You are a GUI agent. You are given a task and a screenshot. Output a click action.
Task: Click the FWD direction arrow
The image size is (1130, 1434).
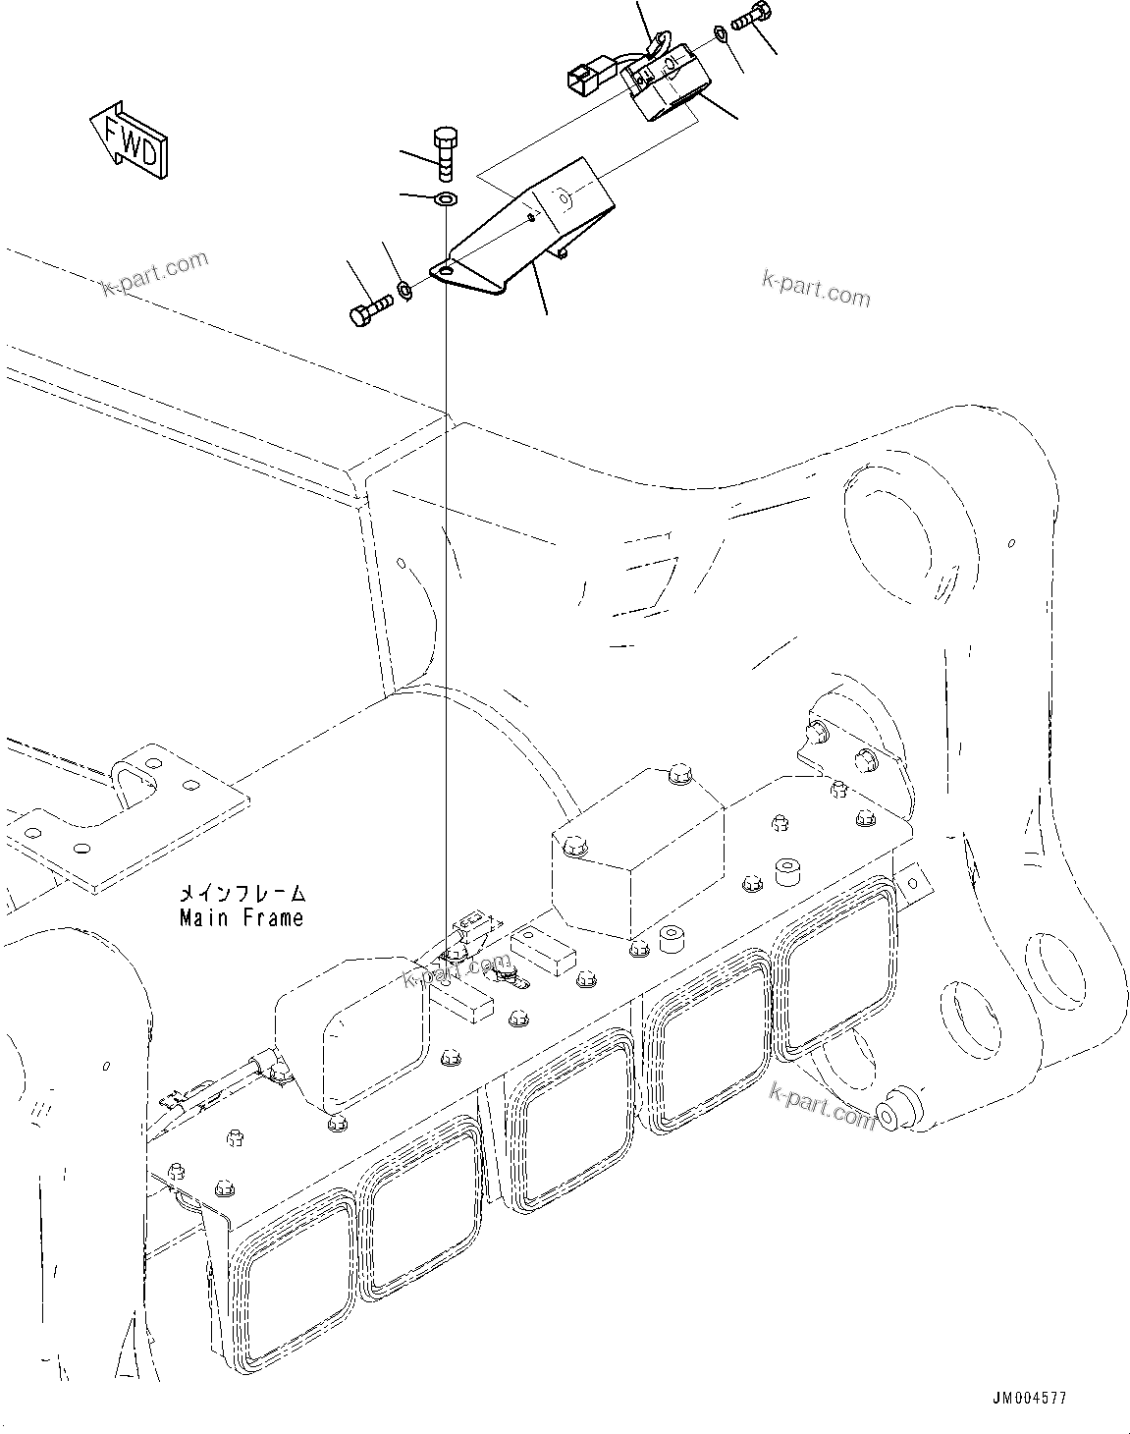[x=129, y=140]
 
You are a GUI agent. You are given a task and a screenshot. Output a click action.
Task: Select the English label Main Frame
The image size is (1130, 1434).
[x=241, y=917]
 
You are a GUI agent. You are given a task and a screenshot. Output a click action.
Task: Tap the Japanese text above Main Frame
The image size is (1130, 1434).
[x=241, y=894]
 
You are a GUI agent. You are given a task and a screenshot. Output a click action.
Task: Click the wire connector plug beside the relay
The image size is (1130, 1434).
[x=581, y=82]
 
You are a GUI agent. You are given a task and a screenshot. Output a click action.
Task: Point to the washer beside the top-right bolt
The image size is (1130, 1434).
[x=722, y=35]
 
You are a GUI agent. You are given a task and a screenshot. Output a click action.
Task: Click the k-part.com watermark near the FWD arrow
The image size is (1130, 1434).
[x=155, y=273]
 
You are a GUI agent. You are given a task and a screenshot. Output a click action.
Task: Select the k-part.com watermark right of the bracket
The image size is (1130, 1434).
[x=815, y=289]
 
